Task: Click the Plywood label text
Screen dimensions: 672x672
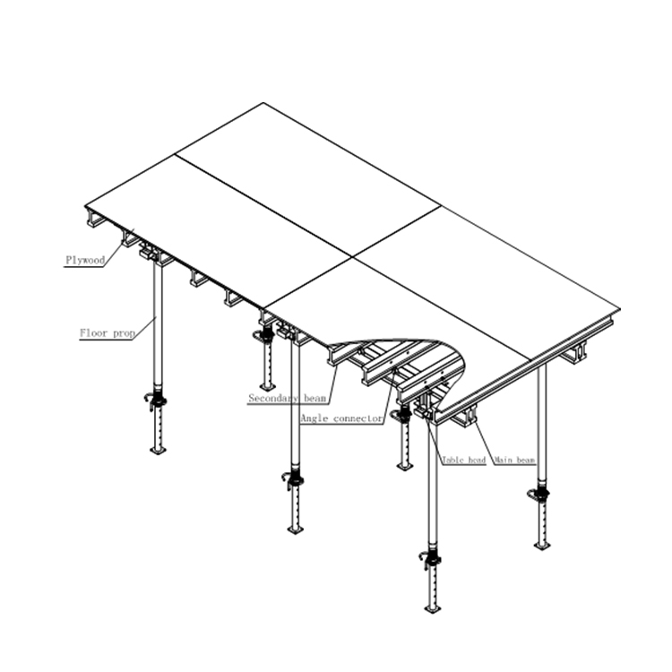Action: (x=85, y=261)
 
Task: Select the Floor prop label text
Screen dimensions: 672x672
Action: (x=107, y=334)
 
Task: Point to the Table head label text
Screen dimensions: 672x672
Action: (x=463, y=461)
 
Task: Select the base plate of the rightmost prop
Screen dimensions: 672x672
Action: (x=542, y=545)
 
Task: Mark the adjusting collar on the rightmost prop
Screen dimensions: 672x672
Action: (x=540, y=495)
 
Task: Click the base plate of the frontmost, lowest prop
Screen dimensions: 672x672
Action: (x=433, y=608)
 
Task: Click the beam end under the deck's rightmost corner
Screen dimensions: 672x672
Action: (x=578, y=351)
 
